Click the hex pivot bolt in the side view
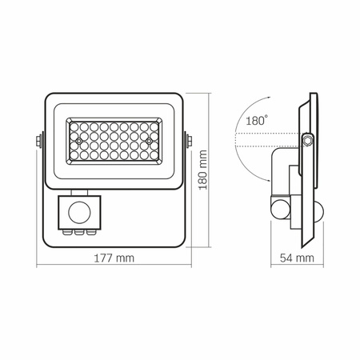click(x=306, y=141)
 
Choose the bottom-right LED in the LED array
click(x=150, y=158)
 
